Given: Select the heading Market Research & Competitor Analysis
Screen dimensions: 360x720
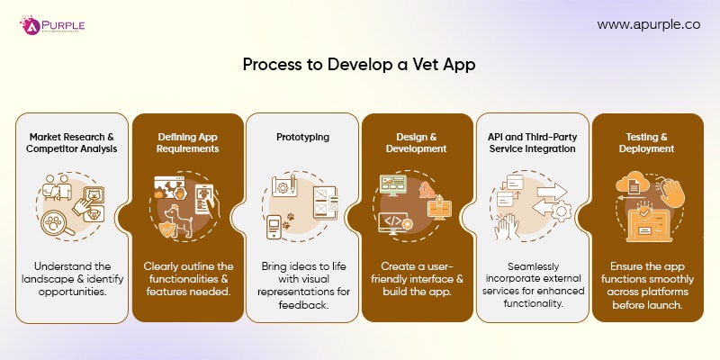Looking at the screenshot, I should tap(73, 142).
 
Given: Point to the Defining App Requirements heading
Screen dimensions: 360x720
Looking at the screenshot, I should tap(187, 142).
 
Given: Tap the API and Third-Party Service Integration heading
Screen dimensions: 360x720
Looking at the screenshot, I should tap(532, 142).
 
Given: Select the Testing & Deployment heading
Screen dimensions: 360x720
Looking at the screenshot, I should tap(647, 142).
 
